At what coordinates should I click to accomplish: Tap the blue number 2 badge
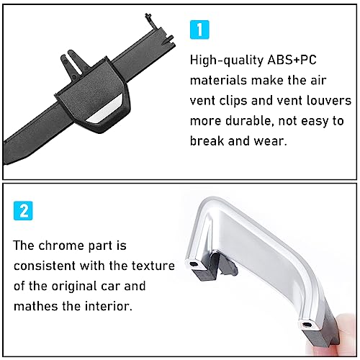23,211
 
